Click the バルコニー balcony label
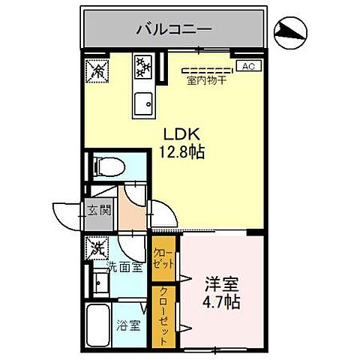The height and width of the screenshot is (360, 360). click(x=174, y=30)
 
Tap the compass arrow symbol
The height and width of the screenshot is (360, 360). click(x=291, y=30)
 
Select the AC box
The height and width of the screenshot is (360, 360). click(x=249, y=66)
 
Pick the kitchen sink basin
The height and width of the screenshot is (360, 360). click(x=142, y=103)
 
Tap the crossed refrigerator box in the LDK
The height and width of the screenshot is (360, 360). click(x=97, y=70)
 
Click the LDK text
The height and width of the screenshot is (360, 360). click(x=180, y=135)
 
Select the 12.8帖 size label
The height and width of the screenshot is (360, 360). click(x=181, y=151)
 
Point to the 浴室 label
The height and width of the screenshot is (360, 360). click(x=130, y=326)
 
